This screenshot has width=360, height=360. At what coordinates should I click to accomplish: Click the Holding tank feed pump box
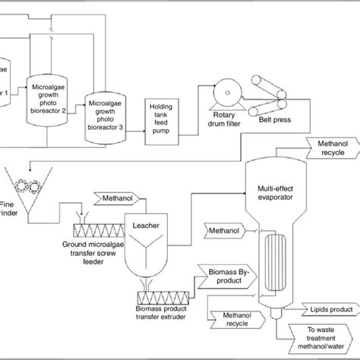pyautogui.click(x=162, y=115)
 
